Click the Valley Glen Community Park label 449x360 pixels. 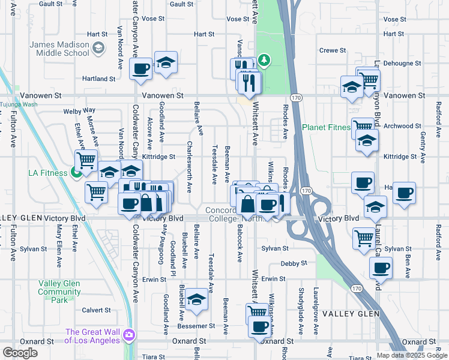pyautogui.click(x=59, y=292)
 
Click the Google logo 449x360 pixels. pyautogui.click(x=20, y=353)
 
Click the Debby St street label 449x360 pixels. pyautogui.click(x=295, y=263)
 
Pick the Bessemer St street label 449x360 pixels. pyautogui.click(x=200, y=326)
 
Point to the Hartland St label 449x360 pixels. pyautogui.click(x=99, y=79)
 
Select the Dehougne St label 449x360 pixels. pyautogui.click(x=402, y=62)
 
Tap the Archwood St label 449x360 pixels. pyautogui.click(x=402, y=126)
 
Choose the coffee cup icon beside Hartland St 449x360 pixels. pyautogui.click(x=140, y=68)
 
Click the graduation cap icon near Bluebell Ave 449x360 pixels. pyautogui.click(x=196, y=299)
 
